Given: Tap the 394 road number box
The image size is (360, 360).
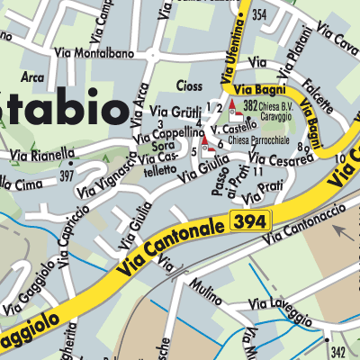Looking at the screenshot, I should point(249,220).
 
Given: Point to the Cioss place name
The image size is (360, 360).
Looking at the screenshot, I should point(191,88).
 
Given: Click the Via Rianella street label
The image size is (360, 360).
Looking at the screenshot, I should point(43,154).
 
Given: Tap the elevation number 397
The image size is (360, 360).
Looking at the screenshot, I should point(65,175).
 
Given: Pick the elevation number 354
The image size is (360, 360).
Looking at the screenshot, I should point(260,15).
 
